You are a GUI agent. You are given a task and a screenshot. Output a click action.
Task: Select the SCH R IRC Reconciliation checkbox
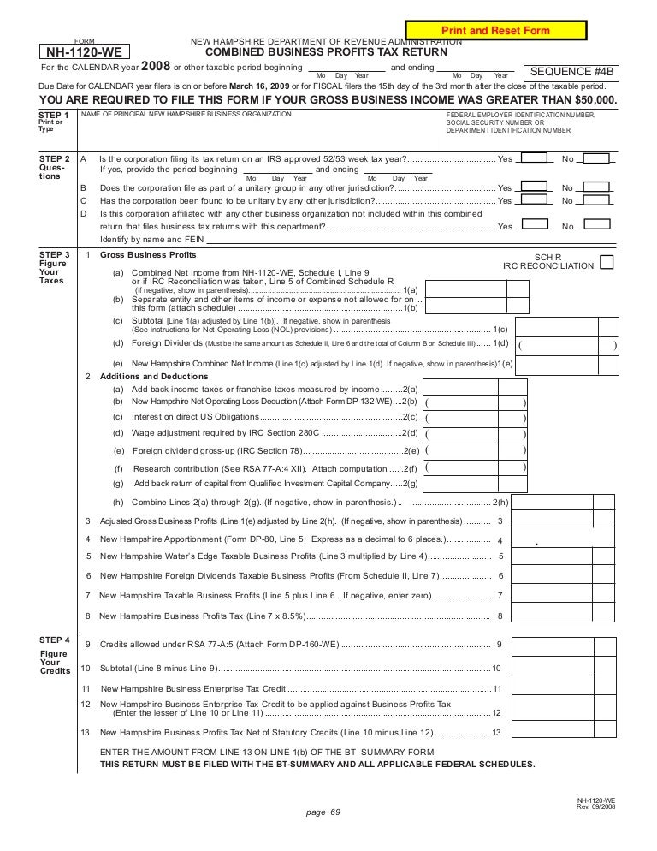point(607,262)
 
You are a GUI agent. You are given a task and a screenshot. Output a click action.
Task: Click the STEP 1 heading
point(56,115)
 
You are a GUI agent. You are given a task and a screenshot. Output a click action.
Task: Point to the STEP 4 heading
point(56,640)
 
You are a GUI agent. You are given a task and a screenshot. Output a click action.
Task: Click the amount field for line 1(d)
point(567,344)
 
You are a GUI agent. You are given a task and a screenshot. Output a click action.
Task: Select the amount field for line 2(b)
point(475,402)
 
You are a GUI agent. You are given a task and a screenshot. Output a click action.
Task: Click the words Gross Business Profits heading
point(148,255)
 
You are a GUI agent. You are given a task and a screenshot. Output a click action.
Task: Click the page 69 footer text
point(323,813)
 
